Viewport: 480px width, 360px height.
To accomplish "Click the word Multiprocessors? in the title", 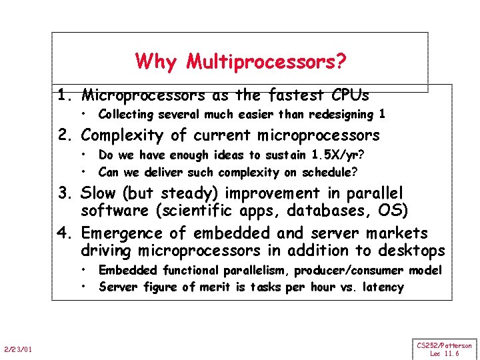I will point(266,62).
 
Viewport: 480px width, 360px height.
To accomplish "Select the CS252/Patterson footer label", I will point(445,345).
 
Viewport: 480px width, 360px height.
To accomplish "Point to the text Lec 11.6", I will point(444,353).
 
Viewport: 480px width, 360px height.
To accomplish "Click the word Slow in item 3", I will point(99,193).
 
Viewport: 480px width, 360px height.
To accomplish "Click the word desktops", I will point(411,251).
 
